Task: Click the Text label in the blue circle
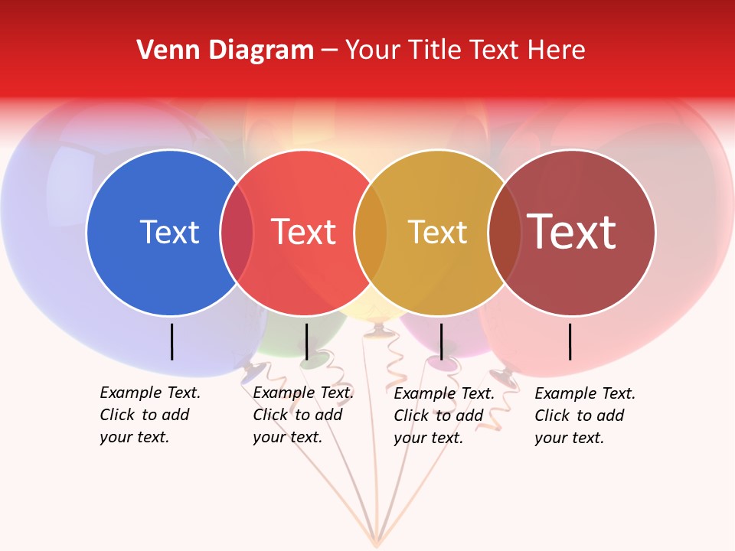click(169, 232)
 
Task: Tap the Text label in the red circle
click(304, 232)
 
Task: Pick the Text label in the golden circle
click(437, 232)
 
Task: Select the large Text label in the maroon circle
click(572, 232)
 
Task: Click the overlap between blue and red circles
click(237, 232)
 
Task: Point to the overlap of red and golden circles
click(371, 232)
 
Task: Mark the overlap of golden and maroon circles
click(505, 232)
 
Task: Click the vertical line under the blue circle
click(172, 341)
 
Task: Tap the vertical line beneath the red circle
click(306, 341)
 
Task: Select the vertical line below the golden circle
click(441, 341)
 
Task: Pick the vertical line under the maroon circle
click(570, 341)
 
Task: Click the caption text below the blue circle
click(150, 415)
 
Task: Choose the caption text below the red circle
click(303, 415)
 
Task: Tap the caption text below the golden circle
click(444, 416)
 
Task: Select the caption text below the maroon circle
click(585, 416)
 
